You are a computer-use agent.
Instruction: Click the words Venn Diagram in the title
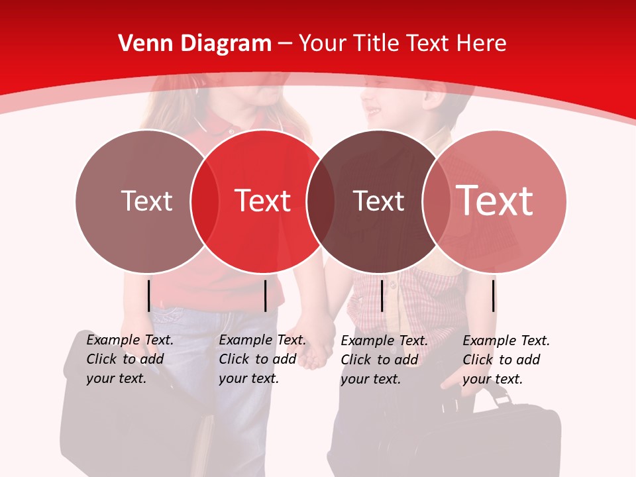pos(195,44)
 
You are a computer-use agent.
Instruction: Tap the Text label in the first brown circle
pos(146,201)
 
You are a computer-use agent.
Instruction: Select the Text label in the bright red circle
pos(263,201)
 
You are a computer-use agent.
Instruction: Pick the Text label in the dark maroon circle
pos(378,201)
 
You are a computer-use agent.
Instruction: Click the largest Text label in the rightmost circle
pos(495,201)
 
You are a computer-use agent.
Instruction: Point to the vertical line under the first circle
pos(149,295)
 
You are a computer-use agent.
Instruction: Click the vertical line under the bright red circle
pos(265,295)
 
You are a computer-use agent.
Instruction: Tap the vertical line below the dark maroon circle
pos(382,295)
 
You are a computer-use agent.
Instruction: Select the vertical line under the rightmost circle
pos(494,295)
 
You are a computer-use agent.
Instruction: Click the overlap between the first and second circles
pos(205,201)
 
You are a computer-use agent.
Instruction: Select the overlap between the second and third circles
pos(320,201)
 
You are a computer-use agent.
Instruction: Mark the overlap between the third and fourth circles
pos(437,201)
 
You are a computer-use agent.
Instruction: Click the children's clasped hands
pos(318,344)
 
